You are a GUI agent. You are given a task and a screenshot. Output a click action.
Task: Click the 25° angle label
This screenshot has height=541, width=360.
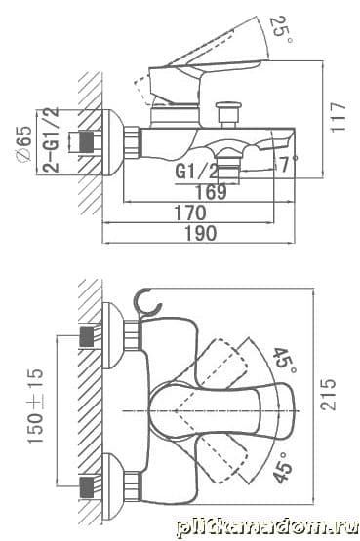pyautogui.click(x=281, y=30)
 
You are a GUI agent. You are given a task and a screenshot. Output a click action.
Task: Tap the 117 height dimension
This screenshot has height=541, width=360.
pyautogui.click(x=338, y=117)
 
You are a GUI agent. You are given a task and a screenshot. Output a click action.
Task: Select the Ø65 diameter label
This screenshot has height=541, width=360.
pyautogui.click(x=24, y=143)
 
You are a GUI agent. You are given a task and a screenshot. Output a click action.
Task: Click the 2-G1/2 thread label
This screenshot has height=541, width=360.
pyautogui.click(x=51, y=139)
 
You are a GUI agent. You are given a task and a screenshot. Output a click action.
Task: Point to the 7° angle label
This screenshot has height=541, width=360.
pyautogui.click(x=288, y=163)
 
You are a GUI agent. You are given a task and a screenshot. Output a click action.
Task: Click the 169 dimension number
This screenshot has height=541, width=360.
pyautogui.click(x=211, y=192)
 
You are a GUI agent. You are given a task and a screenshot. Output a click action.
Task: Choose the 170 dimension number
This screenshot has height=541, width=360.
pyautogui.click(x=190, y=213)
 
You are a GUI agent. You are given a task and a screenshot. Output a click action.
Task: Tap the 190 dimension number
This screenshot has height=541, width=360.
pyautogui.click(x=201, y=233)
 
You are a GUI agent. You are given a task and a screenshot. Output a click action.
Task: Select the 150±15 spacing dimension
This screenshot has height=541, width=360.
pyautogui.click(x=36, y=406)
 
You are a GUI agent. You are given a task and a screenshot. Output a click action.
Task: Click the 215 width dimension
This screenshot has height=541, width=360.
pyautogui.click(x=328, y=395)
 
